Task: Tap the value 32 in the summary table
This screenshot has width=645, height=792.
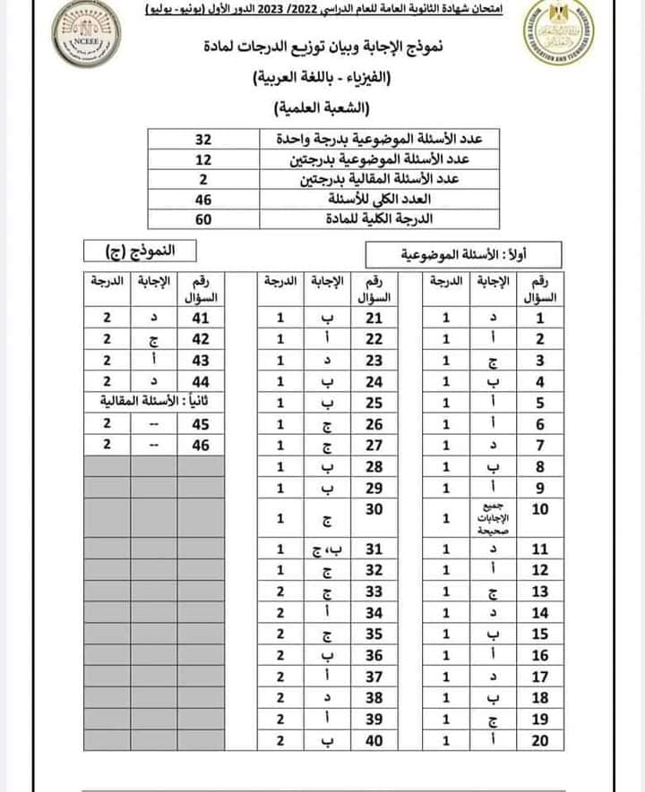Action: coord(202,141)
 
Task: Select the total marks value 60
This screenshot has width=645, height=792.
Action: coord(202,219)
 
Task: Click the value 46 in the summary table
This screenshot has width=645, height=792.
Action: coord(202,200)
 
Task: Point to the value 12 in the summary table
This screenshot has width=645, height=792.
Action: coord(202,160)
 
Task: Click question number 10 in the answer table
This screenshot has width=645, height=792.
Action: coord(540,511)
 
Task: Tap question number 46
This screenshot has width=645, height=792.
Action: coord(200,443)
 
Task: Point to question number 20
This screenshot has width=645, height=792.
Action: coord(540,740)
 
